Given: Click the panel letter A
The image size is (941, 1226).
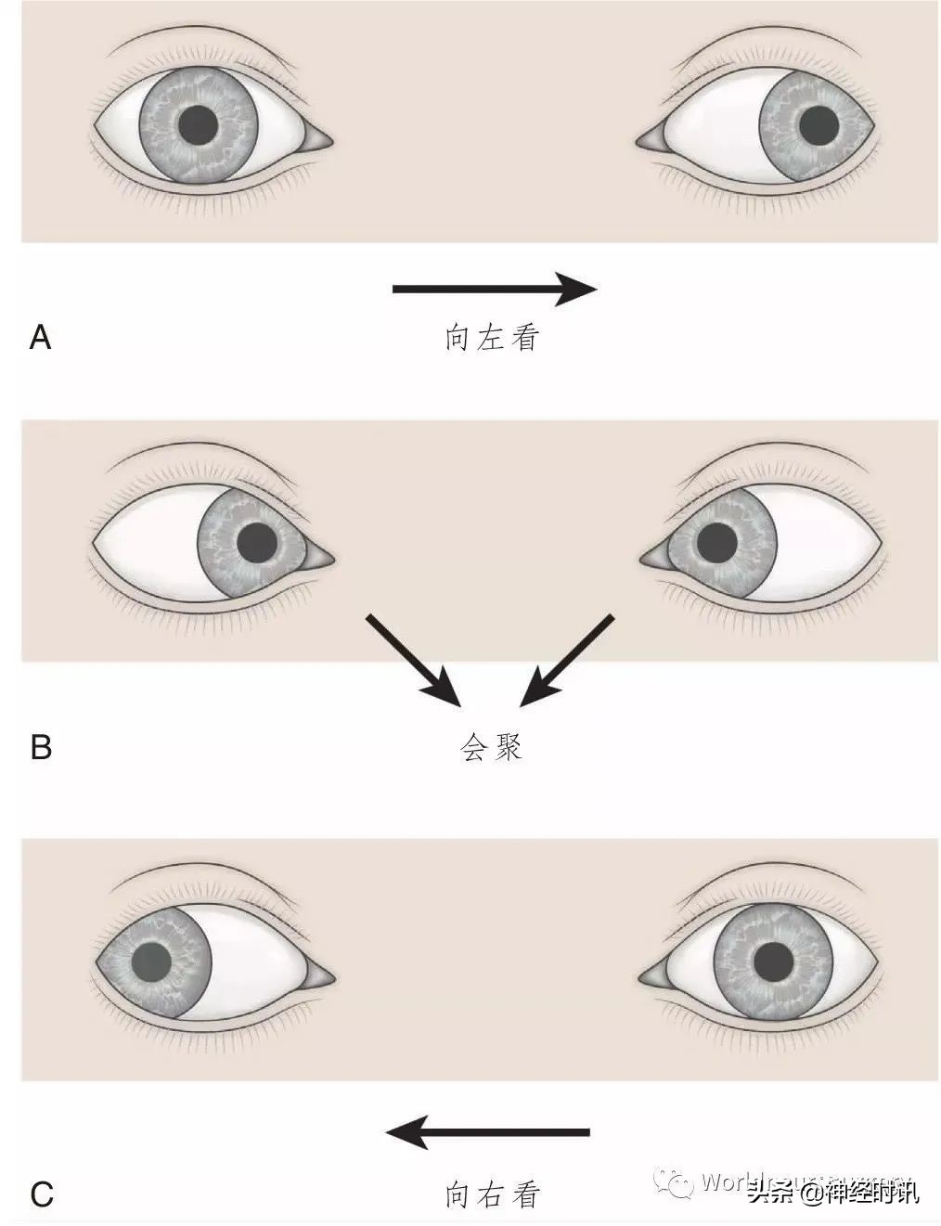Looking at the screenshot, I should click(41, 337).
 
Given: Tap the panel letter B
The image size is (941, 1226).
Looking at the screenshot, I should click(41, 746).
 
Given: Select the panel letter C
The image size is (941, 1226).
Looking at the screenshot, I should click(41, 1194).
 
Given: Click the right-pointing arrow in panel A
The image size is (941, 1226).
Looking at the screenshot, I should click(494, 289).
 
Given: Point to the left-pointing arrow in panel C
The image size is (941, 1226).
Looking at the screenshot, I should click(488, 1132).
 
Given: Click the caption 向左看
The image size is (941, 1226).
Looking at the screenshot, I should click(491, 337).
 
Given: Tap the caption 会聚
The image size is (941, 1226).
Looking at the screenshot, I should click(491, 747).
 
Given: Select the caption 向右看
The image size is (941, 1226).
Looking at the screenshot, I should click(491, 1194).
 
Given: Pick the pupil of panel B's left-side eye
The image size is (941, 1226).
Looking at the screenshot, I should click(257, 543).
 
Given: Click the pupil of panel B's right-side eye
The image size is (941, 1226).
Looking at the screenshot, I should click(716, 542).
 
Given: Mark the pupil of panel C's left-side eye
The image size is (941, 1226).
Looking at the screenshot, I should click(152, 962).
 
